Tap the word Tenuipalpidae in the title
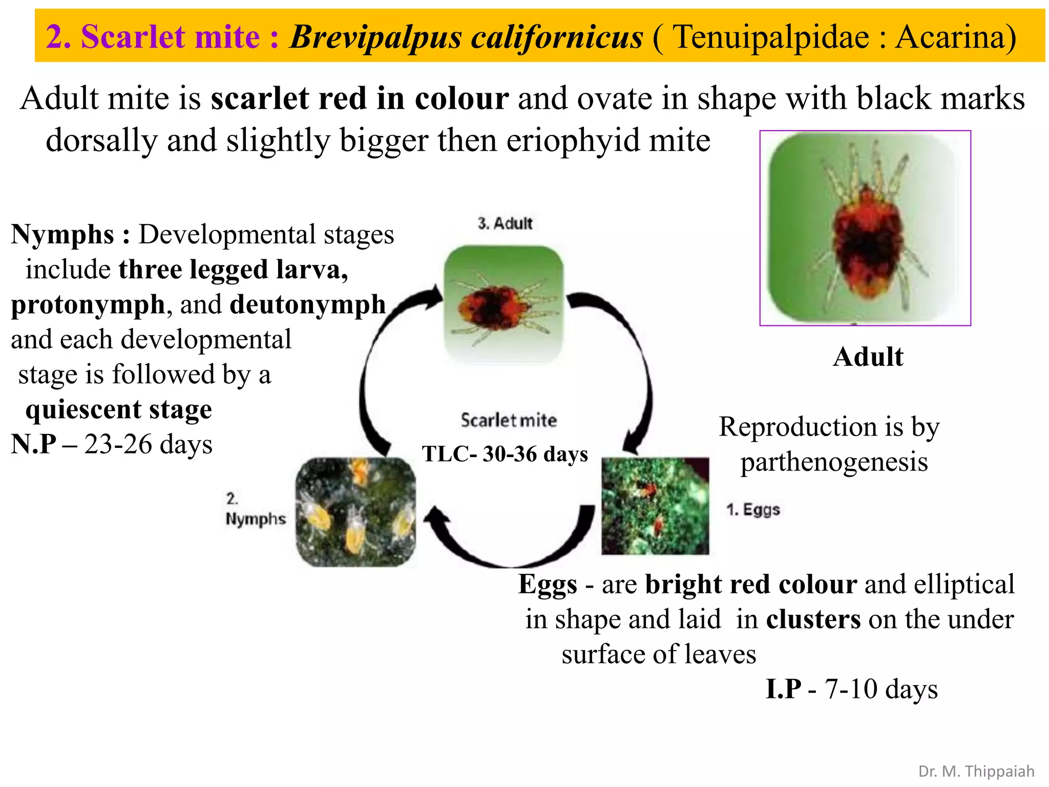tap(771, 37)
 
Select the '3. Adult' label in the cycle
tap(505, 223)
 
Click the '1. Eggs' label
tap(753, 509)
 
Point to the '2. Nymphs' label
tap(255, 509)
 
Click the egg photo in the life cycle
tap(655, 506)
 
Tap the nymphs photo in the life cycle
tap(356, 512)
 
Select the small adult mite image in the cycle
tap(503, 304)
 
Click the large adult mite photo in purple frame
tap(865, 228)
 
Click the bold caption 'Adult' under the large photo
tap(868, 357)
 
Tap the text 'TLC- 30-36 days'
tap(505, 454)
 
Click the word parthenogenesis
tap(834, 462)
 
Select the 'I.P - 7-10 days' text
tap(852, 689)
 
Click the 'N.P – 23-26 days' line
tap(112, 444)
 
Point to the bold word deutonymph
tap(307, 304)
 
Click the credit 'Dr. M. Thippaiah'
tap(976, 771)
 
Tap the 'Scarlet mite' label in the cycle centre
tap(509, 420)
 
